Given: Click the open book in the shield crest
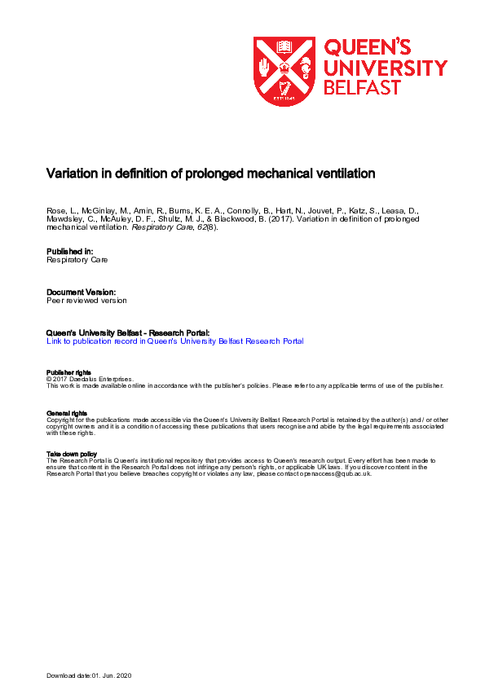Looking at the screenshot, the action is point(284,47).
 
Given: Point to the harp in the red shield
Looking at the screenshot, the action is point(284,88).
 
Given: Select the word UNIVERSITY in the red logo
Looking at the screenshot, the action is point(386,67).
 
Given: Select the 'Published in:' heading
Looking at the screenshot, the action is point(70,251).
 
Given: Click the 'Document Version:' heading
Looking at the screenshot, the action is point(81,291).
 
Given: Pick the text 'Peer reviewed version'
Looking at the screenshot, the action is point(86,300).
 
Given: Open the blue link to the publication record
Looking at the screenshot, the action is point(174,341).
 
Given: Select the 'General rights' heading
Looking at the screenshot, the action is point(66,413).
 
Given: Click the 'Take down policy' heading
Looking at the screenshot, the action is point(72,454).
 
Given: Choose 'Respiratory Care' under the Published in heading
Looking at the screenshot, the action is point(77,260).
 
